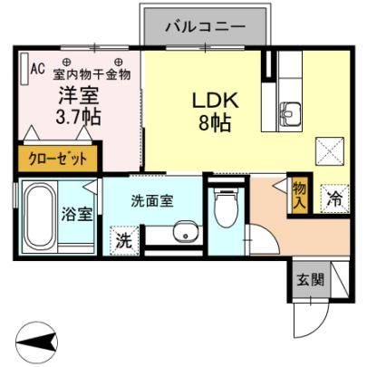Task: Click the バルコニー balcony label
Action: [x=206, y=27]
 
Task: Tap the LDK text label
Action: [x=216, y=101]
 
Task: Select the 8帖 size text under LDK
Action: [x=215, y=122]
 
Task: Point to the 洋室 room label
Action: [x=79, y=94]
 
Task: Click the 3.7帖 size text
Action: [x=78, y=116]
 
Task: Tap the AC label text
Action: [x=38, y=69]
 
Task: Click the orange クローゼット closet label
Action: [x=57, y=159]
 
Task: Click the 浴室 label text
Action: [x=76, y=214]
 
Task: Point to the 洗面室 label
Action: [x=152, y=201]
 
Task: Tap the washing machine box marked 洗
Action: [x=124, y=240]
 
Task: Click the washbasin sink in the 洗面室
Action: [x=185, y=231]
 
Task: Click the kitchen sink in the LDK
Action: [x=290, y=113]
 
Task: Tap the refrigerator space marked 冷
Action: [x=334, y=198]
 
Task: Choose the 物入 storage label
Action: [x=300, y=197]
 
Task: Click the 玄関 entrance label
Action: [x=310, y=280]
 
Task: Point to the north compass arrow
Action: [x=36, y=343]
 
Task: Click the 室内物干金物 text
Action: [x=92, y=74]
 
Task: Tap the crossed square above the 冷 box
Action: [x=330, y=151]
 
